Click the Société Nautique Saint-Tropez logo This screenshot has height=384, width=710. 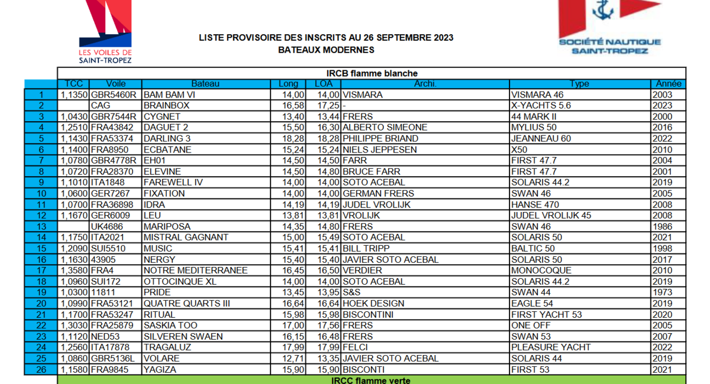(609, 27)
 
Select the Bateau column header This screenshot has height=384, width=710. (205, 84)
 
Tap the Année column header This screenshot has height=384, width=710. (669, 84)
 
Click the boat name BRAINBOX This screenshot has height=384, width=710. (166, 106)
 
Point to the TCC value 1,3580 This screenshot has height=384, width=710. (75, 271)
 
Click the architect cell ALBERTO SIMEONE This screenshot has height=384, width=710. (385, 128)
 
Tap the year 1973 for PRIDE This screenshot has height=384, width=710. (663, 292)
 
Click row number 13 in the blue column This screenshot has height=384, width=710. (41, 226)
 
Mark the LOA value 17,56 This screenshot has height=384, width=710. (328, 326)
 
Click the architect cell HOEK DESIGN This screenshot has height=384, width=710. (374, 304)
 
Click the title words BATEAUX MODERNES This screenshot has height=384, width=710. (326, 50)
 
